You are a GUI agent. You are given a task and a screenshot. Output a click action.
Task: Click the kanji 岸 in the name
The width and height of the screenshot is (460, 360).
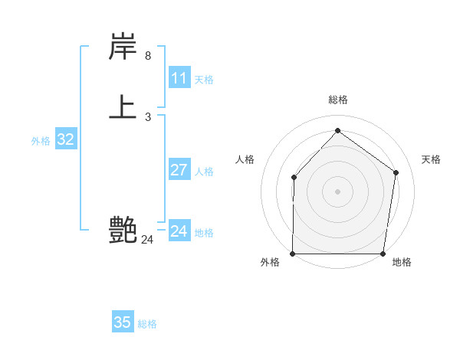pyautogui.click(x=123, y=47)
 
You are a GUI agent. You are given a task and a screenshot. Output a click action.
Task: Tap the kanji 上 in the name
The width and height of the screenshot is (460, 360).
pyautogui.click(x=123, y=107)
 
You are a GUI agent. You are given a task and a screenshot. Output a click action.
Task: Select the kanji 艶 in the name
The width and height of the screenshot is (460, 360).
pyautogui.click(x=123, y=229)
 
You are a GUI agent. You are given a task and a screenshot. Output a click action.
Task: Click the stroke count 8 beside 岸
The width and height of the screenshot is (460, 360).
pyautogui.click(x=147, y=56)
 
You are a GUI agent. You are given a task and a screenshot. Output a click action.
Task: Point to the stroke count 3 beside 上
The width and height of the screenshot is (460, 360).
pyautogui.click(x=147, y=117)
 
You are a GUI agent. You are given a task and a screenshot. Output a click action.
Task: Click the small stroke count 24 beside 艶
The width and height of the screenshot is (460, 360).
pyautogui.click(x=147, y=240)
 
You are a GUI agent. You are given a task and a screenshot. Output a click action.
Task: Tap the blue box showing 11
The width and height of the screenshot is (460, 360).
pyautogui.click(x=179, y=78)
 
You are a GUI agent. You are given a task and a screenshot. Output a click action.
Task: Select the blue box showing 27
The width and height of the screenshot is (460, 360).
pyautogui.click(x=179, y=170)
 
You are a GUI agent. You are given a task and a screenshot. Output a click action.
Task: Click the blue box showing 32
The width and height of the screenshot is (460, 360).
pyautogui.click(x=65, y=139)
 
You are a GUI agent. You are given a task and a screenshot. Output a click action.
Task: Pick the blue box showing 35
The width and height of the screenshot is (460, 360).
pyautogui.click(x=123, y=322)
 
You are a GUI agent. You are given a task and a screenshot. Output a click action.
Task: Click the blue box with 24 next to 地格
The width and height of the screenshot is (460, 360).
pyautogui.click(x=179, y=231)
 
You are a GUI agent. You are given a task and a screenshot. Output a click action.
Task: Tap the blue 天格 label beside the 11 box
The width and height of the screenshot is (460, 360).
pyautogui.click(x=204, y=80)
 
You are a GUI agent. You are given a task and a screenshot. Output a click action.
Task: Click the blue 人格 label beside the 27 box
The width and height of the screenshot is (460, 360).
pyautogui.click(x=204, y=172)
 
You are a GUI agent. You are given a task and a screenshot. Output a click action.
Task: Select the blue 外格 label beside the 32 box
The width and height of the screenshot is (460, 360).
pyautogui.click(x=41, y=141)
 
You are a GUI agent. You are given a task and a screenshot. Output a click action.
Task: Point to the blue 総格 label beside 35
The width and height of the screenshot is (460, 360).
pyautogui.click(x=147, y=324)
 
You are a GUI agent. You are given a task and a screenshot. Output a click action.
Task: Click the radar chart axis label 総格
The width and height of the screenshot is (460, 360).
pyautogui.click(x=338, y=100)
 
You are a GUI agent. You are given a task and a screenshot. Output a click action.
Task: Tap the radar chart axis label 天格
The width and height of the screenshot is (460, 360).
pyautogui.click(x=431, y=159)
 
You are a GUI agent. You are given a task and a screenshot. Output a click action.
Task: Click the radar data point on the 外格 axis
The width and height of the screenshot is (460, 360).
pyautogui.click(x=293, y=254)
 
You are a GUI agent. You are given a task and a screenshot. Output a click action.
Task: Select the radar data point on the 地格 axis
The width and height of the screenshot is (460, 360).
pyautogui.click(x=383, y=254)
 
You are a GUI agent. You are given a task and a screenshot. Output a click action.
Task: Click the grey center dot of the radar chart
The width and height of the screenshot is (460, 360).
pyautogui.click(x=338, y=191)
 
